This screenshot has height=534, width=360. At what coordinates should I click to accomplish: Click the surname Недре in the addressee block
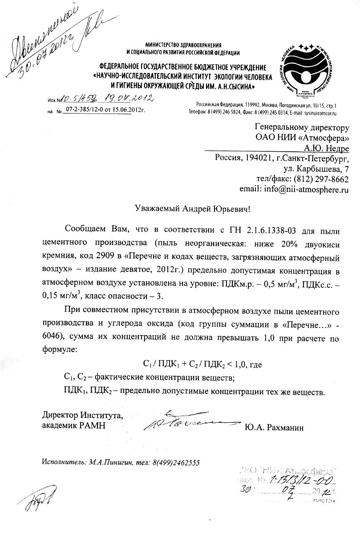point(337,147)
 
